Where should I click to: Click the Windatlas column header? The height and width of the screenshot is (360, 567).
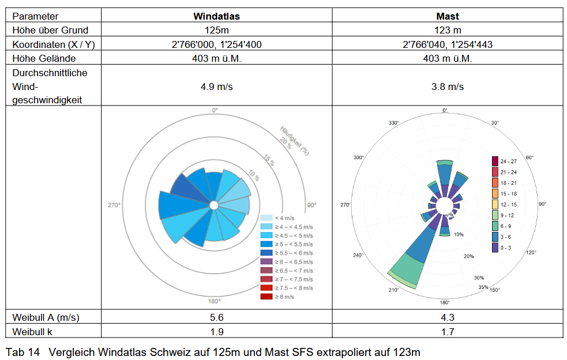[x=216, y=16]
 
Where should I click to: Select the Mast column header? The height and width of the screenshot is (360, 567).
[x=448, y=16]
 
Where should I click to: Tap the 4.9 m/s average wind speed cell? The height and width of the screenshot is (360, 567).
[x=216, y=87]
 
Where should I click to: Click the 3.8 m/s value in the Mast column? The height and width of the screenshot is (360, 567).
[x=448, y=87]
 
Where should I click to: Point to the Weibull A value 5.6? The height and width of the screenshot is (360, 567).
[x=216, y=317]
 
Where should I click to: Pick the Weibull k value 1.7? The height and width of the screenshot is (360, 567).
[x=448, y=331]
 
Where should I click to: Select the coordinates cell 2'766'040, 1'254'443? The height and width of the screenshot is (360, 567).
[x=448, y=44]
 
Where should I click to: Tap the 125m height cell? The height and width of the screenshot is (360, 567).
[x=216, y=30]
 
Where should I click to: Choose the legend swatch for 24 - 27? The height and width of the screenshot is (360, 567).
[x=495, y=161]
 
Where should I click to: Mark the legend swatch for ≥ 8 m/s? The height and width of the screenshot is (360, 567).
[x=266, y=297]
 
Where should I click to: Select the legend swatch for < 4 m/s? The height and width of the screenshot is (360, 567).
[x=266, y=218]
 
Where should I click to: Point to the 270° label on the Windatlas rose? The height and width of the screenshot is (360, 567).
[x=114, y=205]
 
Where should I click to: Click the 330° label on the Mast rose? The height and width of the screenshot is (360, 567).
[x=394, y=123]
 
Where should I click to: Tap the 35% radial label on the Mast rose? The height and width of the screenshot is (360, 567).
[x=483, y=287]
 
